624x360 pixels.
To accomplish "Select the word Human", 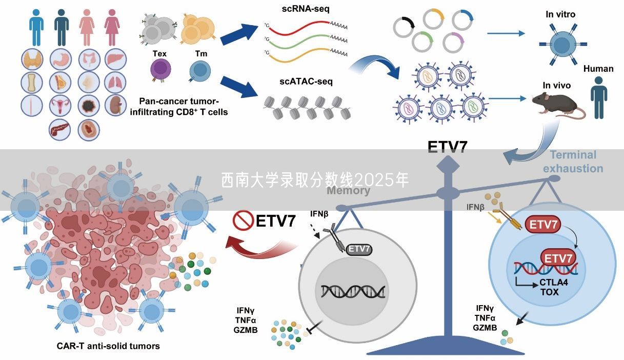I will pyautogui.click(x=598, y=69).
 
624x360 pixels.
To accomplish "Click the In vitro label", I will pyautogui.click(x=560, y=14).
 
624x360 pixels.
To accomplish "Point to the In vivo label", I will pyautogui.click(x=557, y=85).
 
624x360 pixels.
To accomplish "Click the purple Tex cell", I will pyautogui.click(x=160, y=69).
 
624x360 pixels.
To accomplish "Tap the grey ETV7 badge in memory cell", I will pyautogui.click(x=359, y=249).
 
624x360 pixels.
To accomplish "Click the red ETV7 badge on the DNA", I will pyautogui.click(x=557, y=257).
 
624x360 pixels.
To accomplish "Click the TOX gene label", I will pyautogui.click(x=549, y=292).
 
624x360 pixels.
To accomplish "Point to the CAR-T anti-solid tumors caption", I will pyautogui.click(x=108, y=346).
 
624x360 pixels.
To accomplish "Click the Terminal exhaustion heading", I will pyautogui.click(x=573, y=161).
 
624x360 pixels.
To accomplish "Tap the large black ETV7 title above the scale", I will pyautogui.click(x=448, y=147).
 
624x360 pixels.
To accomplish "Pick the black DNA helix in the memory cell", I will pyautogui.click(x=353, y=291).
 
